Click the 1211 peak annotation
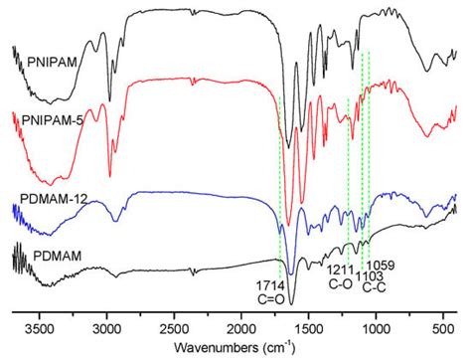pyautogui.click(x=341, y=269)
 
